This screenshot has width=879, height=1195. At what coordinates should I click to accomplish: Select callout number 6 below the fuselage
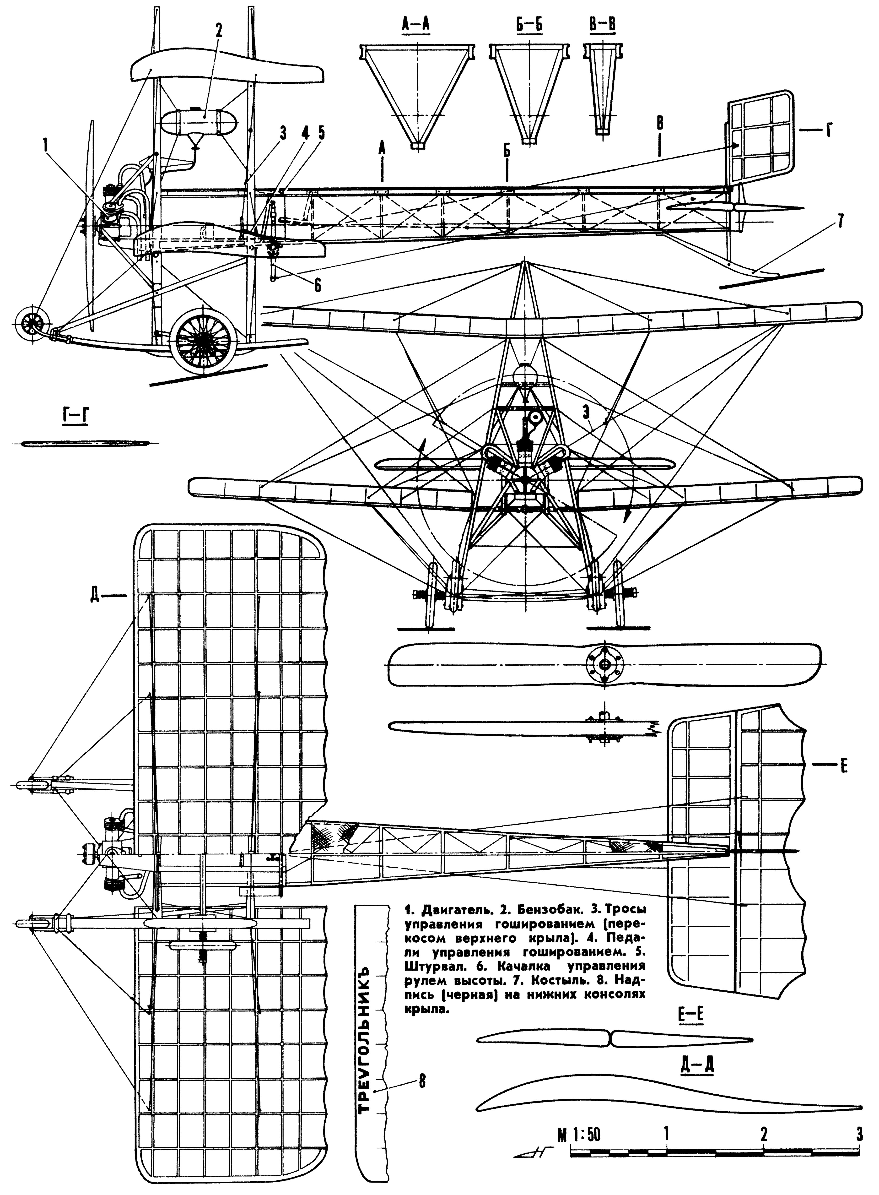[x=318, y=286]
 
